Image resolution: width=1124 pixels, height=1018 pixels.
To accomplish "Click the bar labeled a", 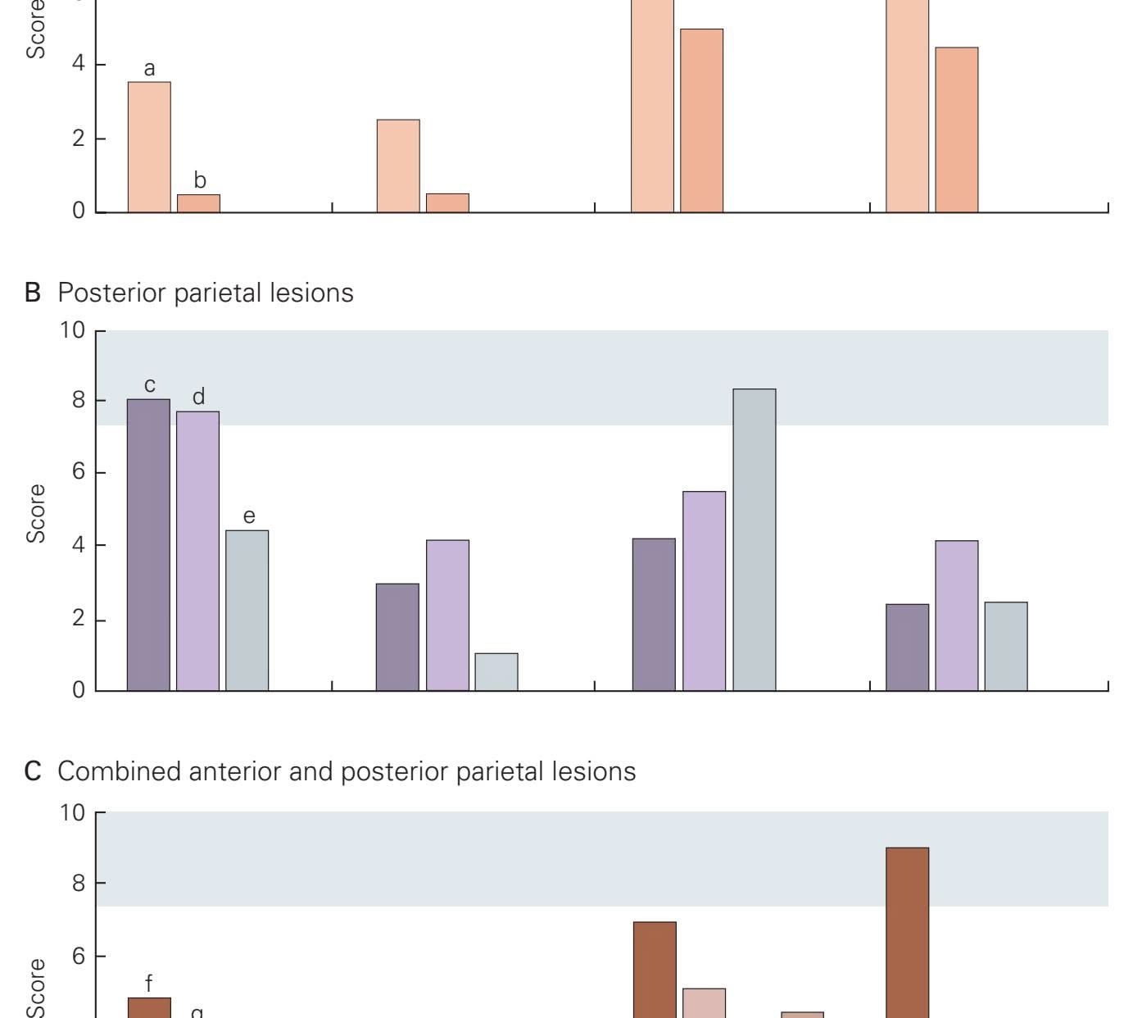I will click(x=149, y=147).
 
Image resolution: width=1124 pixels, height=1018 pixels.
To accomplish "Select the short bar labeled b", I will click(x=198, y=203).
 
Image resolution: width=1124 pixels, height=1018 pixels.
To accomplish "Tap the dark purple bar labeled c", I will click(x=148, y=544).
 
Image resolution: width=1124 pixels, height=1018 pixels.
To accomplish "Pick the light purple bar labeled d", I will click(x=197, y=551).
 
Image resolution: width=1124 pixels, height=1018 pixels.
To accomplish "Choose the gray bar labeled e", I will click(x=247, y=610).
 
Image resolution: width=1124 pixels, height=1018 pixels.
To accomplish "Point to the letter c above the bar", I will click(x=149, y=385).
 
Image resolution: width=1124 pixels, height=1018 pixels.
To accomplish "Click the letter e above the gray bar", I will click(x=248, y=516).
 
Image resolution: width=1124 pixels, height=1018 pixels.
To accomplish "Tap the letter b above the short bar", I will click(x=199, y=180).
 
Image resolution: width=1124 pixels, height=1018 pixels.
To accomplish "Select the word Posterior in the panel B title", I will click(x=112, y=293).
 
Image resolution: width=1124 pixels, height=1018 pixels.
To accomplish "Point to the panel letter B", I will click(x=33, y=293).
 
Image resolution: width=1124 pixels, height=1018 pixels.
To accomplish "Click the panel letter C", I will click(x=33, y=771).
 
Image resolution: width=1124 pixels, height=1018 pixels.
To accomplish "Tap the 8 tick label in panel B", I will click(x=77, y=400).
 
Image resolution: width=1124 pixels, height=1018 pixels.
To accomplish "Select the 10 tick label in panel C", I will click(x=71, y=812).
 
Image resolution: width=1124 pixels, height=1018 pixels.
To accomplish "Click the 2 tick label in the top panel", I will click(x=78, y=138).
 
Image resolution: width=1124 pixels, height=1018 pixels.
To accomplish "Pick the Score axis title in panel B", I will click(x=36, y=513).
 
